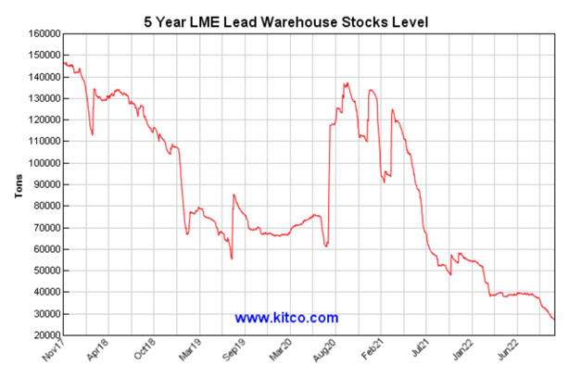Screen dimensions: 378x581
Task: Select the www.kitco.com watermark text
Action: click(286, 318)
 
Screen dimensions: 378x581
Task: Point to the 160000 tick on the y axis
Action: click(41, 33)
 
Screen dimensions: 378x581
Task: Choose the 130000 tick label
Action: click(41, 98)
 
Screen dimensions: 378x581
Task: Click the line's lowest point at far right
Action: click(554, 320)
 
